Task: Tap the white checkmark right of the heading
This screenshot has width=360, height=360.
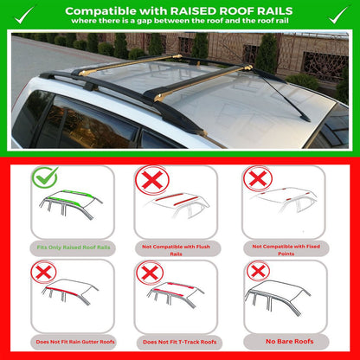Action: tap(338, 12)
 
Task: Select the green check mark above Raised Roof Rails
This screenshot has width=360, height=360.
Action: tap(46, 177)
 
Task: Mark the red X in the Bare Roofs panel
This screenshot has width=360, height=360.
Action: tap(258, 271)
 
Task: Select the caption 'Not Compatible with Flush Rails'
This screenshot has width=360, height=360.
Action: tap(180, 250)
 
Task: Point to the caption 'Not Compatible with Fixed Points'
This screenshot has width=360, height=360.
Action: tap(286, 250)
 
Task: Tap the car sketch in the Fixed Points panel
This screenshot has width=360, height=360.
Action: tap(286, 203)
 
